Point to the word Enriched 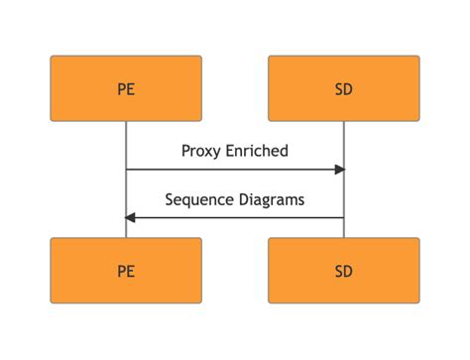point(257,151)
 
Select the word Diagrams point(272,199)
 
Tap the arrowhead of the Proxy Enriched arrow point(339,170)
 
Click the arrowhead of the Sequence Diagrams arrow point(131,217)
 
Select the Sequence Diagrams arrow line point(238,217)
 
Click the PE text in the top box point(126,89)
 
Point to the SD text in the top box point(344,89)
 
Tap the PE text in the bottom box point(126,271)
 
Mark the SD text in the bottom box point(344,271)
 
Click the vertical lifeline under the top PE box point(126,139)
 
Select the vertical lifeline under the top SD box point(344,139)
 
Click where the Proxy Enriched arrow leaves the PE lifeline point(127,170)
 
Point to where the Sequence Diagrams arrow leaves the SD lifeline point(343,217)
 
